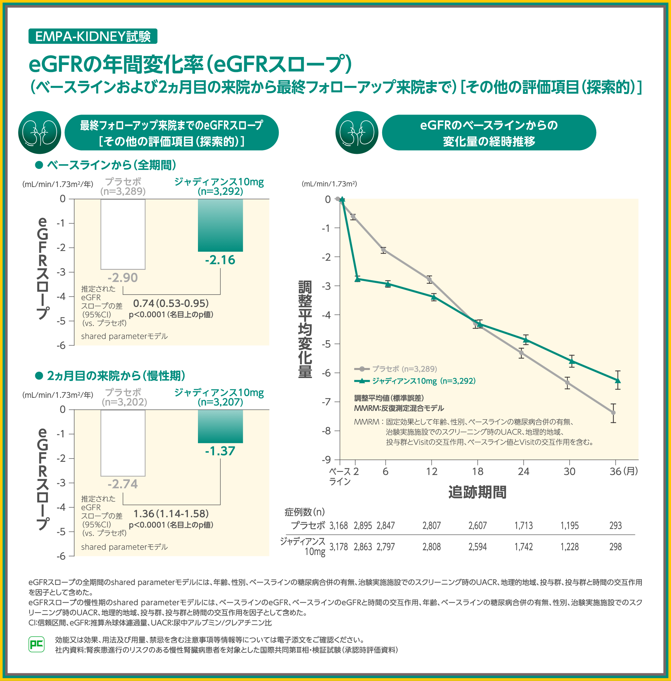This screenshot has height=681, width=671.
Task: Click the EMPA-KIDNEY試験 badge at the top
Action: click(93, 36)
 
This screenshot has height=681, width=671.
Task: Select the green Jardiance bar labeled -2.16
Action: click(220, 225)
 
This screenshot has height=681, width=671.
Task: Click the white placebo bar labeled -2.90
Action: click(123, 234)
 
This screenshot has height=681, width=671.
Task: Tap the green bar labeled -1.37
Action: click(220, 426)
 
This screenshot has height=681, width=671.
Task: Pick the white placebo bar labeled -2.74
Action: click(123, 443)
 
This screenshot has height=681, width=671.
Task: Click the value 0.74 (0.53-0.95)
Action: click(171, 303)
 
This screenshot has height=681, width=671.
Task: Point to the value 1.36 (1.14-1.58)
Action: click(171, 513)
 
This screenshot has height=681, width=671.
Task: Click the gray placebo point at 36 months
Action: click(614, 413)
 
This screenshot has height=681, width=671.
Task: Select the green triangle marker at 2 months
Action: click(357, 279)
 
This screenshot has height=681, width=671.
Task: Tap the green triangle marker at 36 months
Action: click(618, 380)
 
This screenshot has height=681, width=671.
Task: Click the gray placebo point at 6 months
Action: click(383, 250)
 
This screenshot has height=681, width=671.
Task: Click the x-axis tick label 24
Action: click(523, 471)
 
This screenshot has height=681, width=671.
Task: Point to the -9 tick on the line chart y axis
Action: click(326, 459)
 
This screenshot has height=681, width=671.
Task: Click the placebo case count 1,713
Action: click(523, 525)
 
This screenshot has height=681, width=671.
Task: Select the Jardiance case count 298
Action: click(615, 547)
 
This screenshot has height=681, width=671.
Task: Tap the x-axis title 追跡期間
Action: click(477, 492)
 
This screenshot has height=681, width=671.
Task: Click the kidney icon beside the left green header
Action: click(40, 133)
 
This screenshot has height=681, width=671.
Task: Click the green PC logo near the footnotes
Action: click(36, 644)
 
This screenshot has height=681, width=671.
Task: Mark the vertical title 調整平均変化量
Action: click(305, 329)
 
